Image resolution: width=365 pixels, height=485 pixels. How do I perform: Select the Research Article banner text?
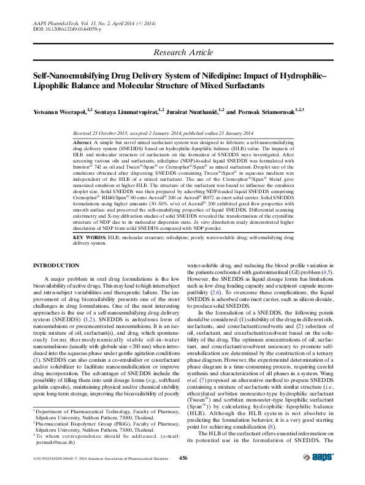click(x=182, y=53)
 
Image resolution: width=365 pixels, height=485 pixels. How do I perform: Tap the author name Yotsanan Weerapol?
click(x=59, y=112)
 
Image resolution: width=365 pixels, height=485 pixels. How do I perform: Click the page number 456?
click(x=182, y=475)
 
